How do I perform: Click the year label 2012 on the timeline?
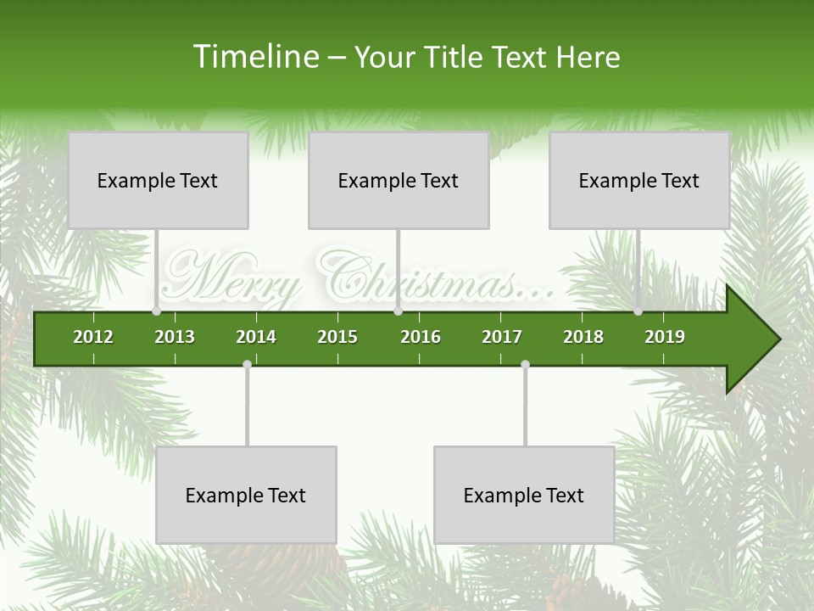93,337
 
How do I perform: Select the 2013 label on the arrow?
175,337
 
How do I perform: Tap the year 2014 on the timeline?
256,337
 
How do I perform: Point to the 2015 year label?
337,337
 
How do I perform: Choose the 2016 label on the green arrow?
421,337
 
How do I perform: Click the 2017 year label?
502,337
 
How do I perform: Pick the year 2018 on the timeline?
583,337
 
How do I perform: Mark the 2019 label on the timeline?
665,337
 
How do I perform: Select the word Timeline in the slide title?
254,57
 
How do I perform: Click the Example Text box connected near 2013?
158,180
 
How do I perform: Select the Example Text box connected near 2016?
399,180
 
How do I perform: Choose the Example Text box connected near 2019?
639,180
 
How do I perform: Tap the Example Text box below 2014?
246,495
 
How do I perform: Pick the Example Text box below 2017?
524,495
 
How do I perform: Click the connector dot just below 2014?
247,365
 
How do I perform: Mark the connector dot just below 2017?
525,365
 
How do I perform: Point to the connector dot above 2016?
398,311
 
